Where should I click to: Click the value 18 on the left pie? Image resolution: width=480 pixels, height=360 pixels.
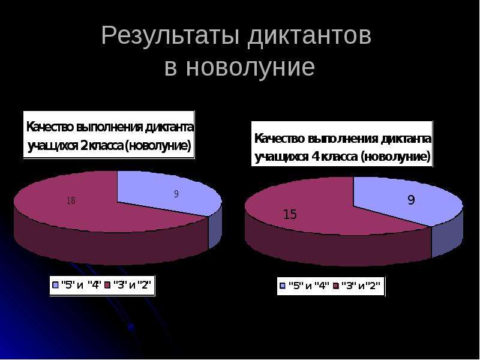pyautogui.click(x=71, y=202)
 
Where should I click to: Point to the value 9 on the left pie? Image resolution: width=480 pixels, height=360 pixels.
pyautogui.click(x=176, y=194)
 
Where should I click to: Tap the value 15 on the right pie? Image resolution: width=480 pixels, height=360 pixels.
pyautogui.click(x=290, y=214)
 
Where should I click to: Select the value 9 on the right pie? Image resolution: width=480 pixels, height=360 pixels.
pyautogui.click(x=412, y=200)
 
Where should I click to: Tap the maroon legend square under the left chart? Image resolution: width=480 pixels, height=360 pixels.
pyautogui.click(x=108, y=286)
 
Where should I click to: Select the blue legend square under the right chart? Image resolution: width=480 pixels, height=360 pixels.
pyautogui.click(x=282, y=286)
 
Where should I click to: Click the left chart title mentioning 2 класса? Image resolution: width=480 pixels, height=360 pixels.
pyautogui.click(x=109, y=136)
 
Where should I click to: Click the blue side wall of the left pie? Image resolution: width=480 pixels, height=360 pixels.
pyautogui.click(x=215, y=229)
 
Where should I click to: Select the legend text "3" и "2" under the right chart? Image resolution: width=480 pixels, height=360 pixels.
pyautogui.click(x=361, y=286)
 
